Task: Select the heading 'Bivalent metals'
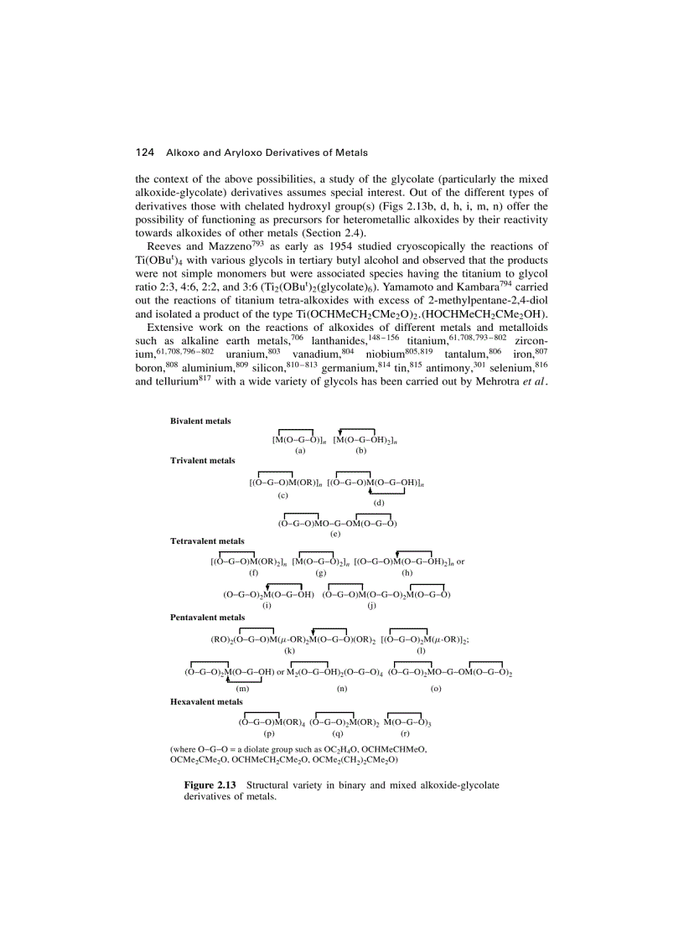(x=200, y=421)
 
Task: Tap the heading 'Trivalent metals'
(x=202, y=461)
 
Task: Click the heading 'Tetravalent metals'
(x=207, y=541)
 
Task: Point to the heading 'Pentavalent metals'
(x=207, y=618)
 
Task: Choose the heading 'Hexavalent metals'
(x=206, y=701)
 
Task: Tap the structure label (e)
(x=335, y=534)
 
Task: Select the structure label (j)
(x=371, y=605)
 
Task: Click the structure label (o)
(x=436, y=689)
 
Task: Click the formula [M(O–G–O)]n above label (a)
(x=298, y=439)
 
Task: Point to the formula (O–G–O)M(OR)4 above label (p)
(x=271, y=721)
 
